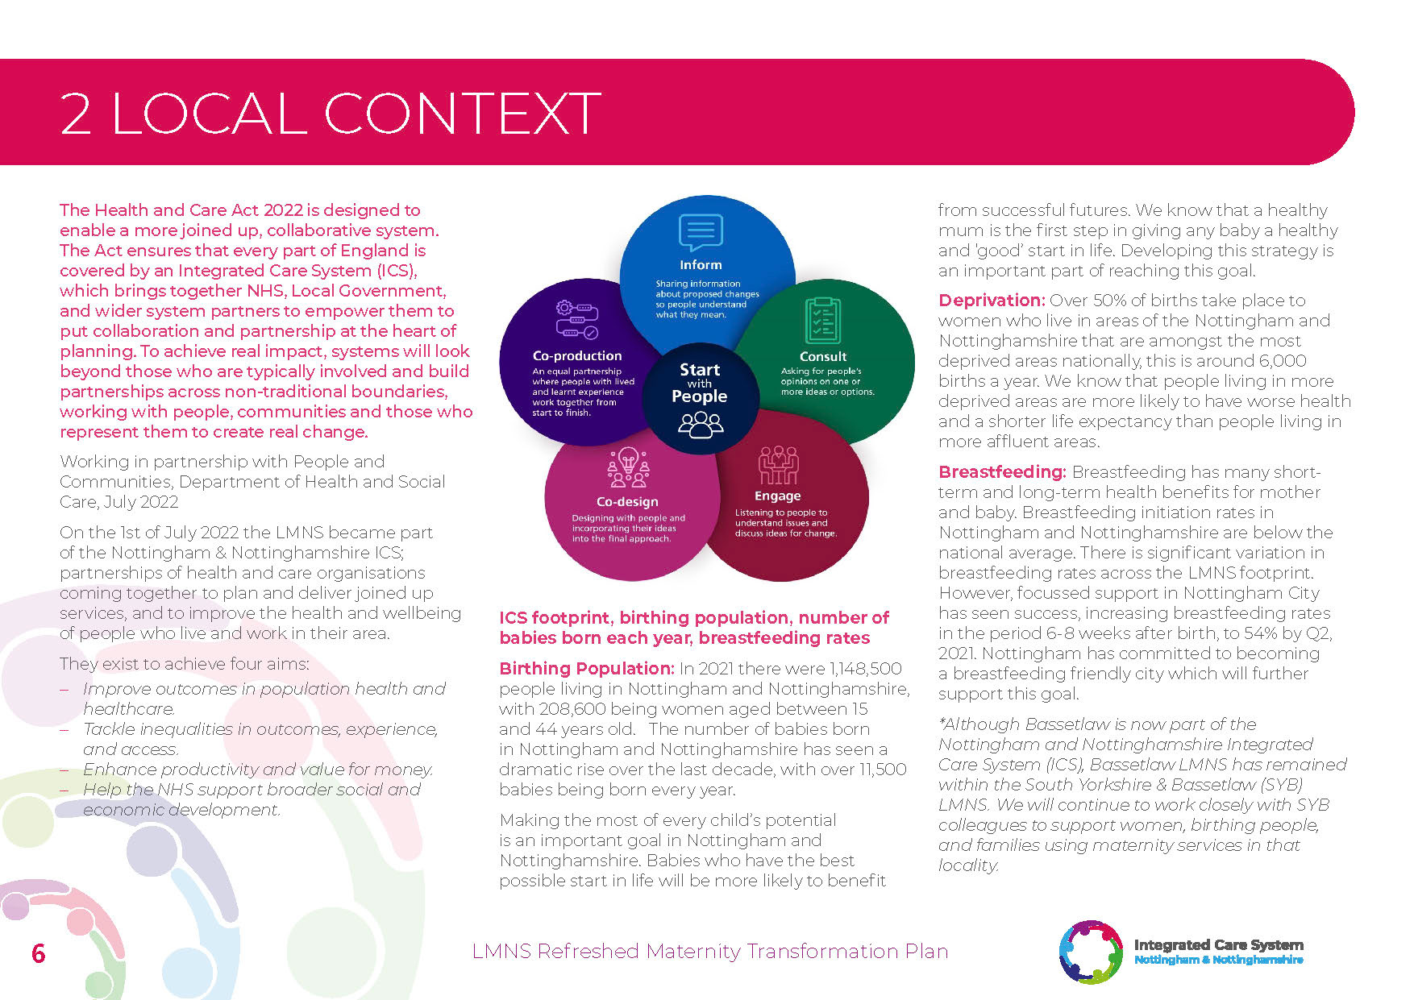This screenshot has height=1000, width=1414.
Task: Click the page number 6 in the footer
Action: [38, 953]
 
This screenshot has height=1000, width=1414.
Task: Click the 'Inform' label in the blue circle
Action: [701, 264]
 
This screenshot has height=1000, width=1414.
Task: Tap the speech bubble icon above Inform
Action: [701, 233]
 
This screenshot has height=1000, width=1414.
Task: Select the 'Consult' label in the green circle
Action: [822, 356]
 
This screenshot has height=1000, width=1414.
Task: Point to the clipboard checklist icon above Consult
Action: [822, 321]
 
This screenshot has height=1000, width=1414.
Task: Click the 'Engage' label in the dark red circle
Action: [777, 496]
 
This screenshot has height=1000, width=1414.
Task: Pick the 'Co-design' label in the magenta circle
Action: [627, 501]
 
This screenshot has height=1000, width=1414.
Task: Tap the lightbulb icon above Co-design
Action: [628, 467]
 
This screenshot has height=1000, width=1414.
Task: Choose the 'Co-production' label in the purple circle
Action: [577, 355]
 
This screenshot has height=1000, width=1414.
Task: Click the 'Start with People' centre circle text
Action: [700, 383]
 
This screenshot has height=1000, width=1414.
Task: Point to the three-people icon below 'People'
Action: [701, 424]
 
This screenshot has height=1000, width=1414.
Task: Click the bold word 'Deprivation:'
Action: [991, 301]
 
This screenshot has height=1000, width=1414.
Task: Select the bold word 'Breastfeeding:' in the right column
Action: [1001, 472]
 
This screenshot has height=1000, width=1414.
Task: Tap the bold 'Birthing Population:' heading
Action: [586, 669]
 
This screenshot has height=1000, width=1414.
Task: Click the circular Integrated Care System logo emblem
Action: [1090, 952]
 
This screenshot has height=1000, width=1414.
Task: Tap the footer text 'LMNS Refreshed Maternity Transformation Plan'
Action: [709, 952]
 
